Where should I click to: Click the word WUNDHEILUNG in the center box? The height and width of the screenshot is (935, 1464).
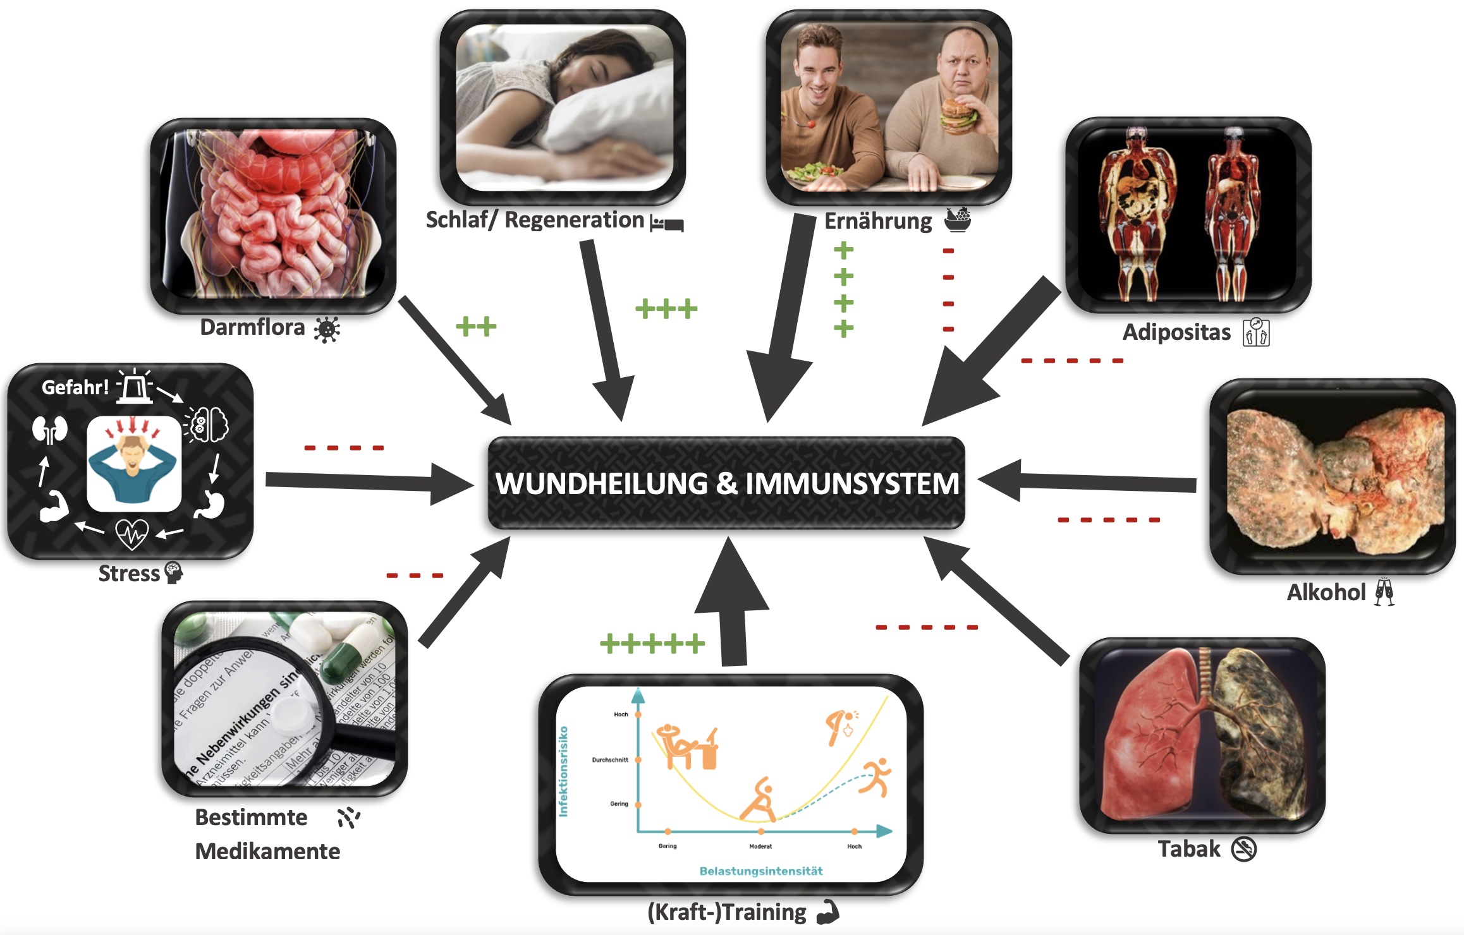[602, 484]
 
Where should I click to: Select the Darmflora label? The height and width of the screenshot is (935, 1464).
[252, 327]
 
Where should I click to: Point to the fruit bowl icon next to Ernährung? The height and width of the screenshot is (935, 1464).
[958, 219]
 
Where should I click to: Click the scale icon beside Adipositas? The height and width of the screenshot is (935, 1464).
[1256, 332]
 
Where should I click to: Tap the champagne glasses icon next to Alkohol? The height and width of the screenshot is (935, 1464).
[1384, 592]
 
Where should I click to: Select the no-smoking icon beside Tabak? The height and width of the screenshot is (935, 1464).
[1243, 849]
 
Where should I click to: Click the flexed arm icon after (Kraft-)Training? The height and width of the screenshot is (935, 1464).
[827, 912]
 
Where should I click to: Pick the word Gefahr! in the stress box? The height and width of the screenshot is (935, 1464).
[75, 387]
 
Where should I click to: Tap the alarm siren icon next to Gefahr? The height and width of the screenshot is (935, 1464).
[134, 385]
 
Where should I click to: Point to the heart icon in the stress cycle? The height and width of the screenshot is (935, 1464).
[131, 534]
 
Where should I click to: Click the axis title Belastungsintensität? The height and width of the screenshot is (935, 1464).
[761, 871]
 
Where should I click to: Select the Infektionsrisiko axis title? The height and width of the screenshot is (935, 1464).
[563, 771]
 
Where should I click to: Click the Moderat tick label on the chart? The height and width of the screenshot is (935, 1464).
[760, 846]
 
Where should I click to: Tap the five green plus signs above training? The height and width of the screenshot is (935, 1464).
[652, 644]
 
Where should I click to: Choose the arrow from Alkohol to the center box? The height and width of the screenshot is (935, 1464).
[1087, 481]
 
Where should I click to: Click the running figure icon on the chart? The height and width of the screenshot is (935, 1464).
[875, 777]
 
